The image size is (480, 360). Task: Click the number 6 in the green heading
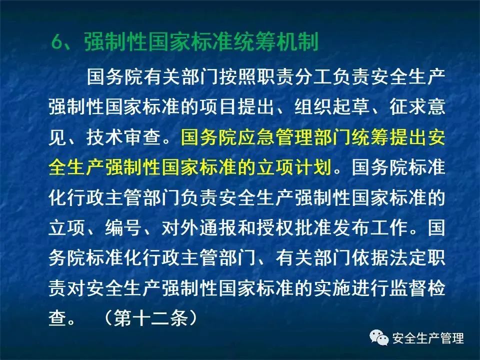pyautogui.click(x=57, y=41)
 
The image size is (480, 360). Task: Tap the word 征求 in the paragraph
pyautogui.click(x=407, y=107)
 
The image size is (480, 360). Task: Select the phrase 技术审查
pyautogui.click(x=123, y=137)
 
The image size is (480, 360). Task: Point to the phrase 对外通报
pyautogui.click(x=199, y=227)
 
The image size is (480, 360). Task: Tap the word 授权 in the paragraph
pyautogui.click(x=275, y=227)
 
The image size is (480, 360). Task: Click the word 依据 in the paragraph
pyautogui.click(x=370, y=258)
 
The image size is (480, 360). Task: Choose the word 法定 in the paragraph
pyautogui.click(x=407, y=258)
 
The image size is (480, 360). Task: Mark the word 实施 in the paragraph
pyautogui.click(x=332, y=288)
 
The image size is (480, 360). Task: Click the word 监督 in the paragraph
pyautogui.click(x=407, y=288)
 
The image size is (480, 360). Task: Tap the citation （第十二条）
pyautogui.click(x=150, y=318)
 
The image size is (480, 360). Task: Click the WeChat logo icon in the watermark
pyautogui.click(x=379, y=338)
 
